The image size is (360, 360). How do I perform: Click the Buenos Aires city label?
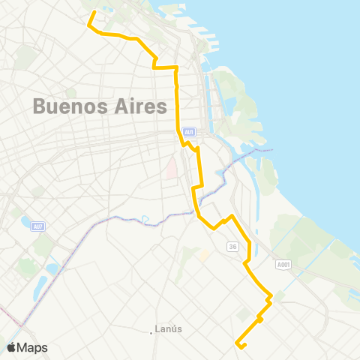99,106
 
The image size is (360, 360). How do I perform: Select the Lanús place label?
169,328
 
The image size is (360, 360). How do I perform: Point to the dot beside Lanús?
151,331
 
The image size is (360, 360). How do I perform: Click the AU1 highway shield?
190,132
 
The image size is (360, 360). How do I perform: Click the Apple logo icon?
12,347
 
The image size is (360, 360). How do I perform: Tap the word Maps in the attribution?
33,347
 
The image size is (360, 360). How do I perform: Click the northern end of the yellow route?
94,13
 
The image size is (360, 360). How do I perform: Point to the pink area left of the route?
172,166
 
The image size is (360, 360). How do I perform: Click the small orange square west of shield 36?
202,255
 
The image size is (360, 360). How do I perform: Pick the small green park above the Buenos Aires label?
72,92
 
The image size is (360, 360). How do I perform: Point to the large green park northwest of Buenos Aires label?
26,56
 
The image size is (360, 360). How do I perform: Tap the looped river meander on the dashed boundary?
145,219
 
